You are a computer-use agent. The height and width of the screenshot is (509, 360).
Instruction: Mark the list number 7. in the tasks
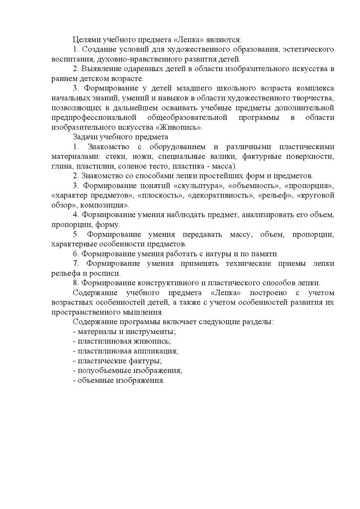[x=76, y=263]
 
